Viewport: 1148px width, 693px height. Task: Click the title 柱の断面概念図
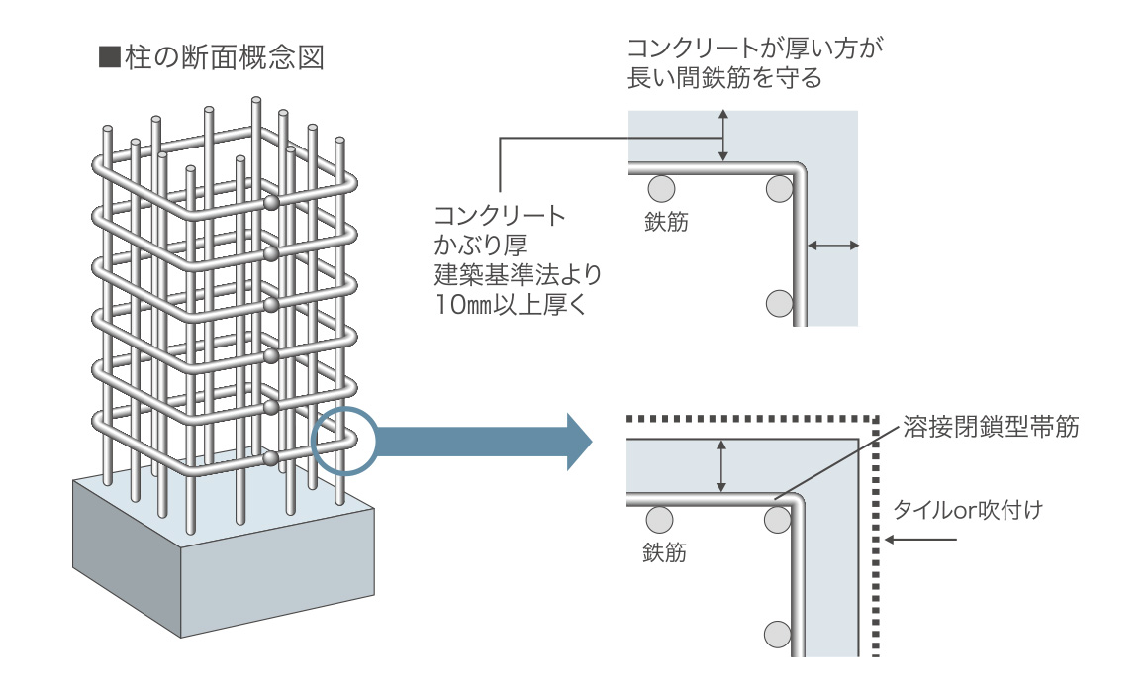(x=225, y=56)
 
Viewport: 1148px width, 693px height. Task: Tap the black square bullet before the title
(x=108, y=56)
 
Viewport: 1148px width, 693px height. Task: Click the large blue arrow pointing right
(x=485, y=441)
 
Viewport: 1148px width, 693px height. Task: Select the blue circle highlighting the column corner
(x=342, y=440)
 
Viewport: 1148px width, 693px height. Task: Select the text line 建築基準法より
(x=518, y=274)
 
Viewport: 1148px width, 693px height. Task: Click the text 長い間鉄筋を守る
(x=724, y=78)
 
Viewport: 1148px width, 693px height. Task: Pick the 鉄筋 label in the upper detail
(x=666, y=222)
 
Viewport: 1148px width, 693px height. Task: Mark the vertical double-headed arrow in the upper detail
(x=724, y=135)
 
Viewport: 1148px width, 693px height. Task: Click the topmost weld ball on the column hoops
(x=272, y=203)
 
